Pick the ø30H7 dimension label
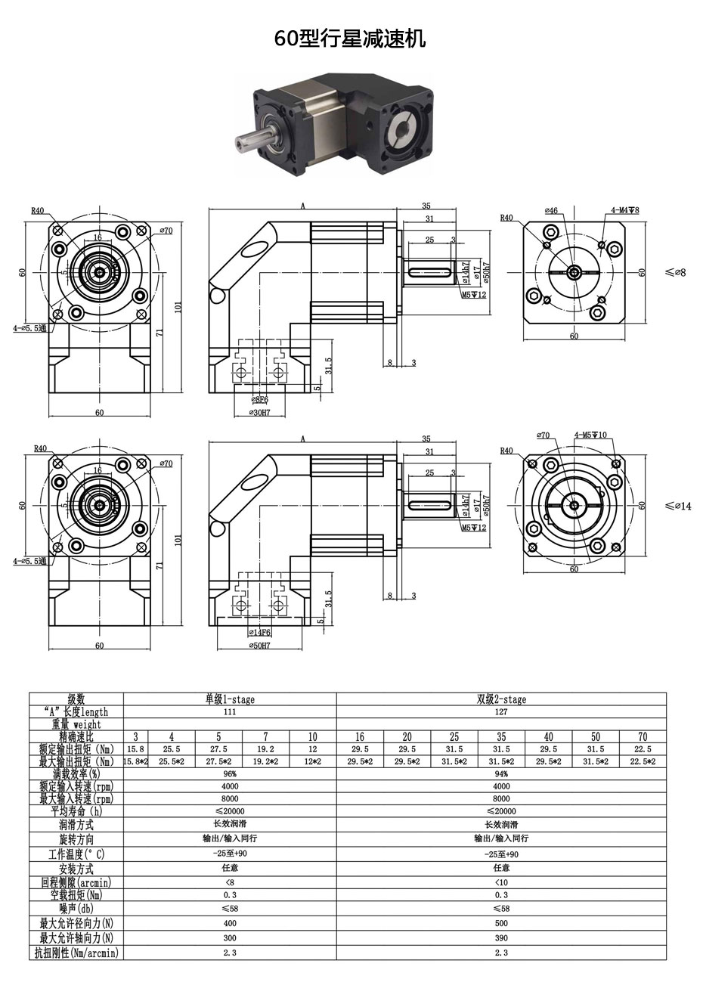click(259, 412)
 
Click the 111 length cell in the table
click(230, 712)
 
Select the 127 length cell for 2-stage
click(501, 712)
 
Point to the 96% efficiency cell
click(230, 773)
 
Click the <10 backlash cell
click(501, 882)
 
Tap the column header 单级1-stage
click(230, 699)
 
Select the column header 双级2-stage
click(501, 699)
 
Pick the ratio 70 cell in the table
click(643, 736)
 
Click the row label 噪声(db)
click(76, 909)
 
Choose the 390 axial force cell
click(501, 937)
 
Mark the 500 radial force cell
click(501, 923)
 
